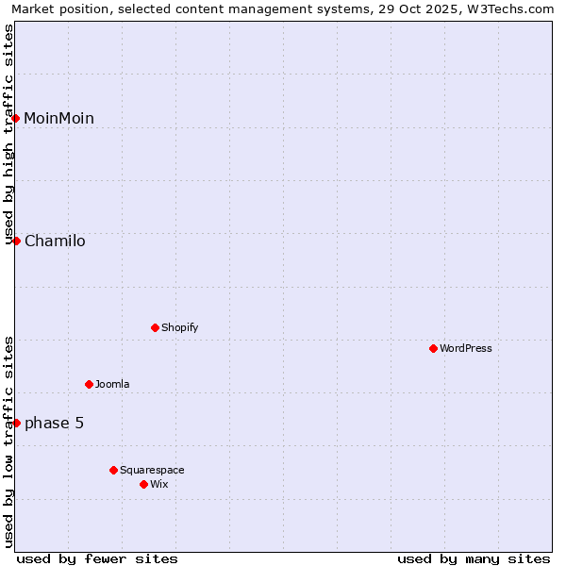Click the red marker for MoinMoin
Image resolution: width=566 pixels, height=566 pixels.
click(x=16, y=118)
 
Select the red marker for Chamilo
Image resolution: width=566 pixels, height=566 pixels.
click(x=16, y=241)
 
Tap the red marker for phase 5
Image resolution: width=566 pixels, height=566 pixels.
click(x=16, y=423)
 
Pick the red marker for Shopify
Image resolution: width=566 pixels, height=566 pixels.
click(x=155, y=327)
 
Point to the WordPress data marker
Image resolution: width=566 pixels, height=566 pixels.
click(x=433, y=348)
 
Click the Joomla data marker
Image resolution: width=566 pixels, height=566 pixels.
click(x=89, y=384)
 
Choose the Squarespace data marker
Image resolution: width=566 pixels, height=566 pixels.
click(x=113, y=470)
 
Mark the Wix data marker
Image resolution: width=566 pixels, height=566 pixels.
click(x=143, y=484)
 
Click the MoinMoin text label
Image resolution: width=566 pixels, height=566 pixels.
click(x=58, y=118)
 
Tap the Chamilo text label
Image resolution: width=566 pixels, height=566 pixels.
click(x=55, y=241)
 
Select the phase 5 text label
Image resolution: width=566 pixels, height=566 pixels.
click(x=54, y=423)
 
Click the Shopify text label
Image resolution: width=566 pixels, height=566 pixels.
click(x=179, y=327)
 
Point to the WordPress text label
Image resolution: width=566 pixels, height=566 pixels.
click(x=466, y=348)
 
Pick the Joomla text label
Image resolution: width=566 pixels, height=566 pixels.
click(x=112, y=384)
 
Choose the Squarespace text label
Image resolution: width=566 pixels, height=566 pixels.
click(x=152, y=470)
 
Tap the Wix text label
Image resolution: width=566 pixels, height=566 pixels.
click(x=158, y=484)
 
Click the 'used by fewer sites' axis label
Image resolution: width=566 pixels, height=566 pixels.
click(x=97, y=558)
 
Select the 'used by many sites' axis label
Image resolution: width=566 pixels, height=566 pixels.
click(x=474, y=558)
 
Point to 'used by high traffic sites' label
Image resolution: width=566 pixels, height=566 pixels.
click(x=9, y=134)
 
